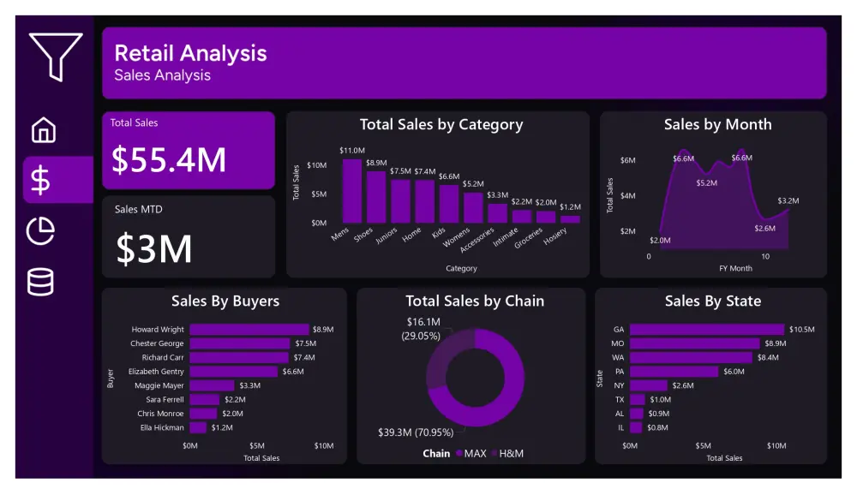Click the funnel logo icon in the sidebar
pos(55,57)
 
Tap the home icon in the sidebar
pos(43,129)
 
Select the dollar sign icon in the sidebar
pos(41,180)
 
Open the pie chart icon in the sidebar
pos(41,231)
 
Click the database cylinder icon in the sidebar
pos(40,282)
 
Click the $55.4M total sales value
pos(169,160)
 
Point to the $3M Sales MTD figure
pos(154,248)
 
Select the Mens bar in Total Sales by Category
pos(352,191)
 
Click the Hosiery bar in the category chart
pos(570,218)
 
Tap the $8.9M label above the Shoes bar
pos(376,163)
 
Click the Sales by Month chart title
pos(717,125)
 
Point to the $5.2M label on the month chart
pos(706,182)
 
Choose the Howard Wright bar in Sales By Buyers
pos(249,329)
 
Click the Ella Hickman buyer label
pos(162,427)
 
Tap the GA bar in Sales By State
pos(706,329)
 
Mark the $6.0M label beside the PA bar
pos(734,372)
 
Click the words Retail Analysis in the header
pos(190,53)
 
